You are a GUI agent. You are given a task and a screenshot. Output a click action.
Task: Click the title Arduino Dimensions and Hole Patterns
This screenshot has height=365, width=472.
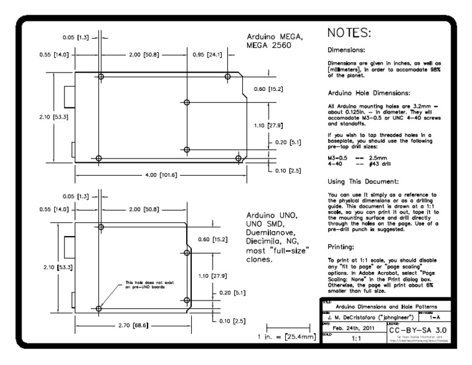[386, 306]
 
